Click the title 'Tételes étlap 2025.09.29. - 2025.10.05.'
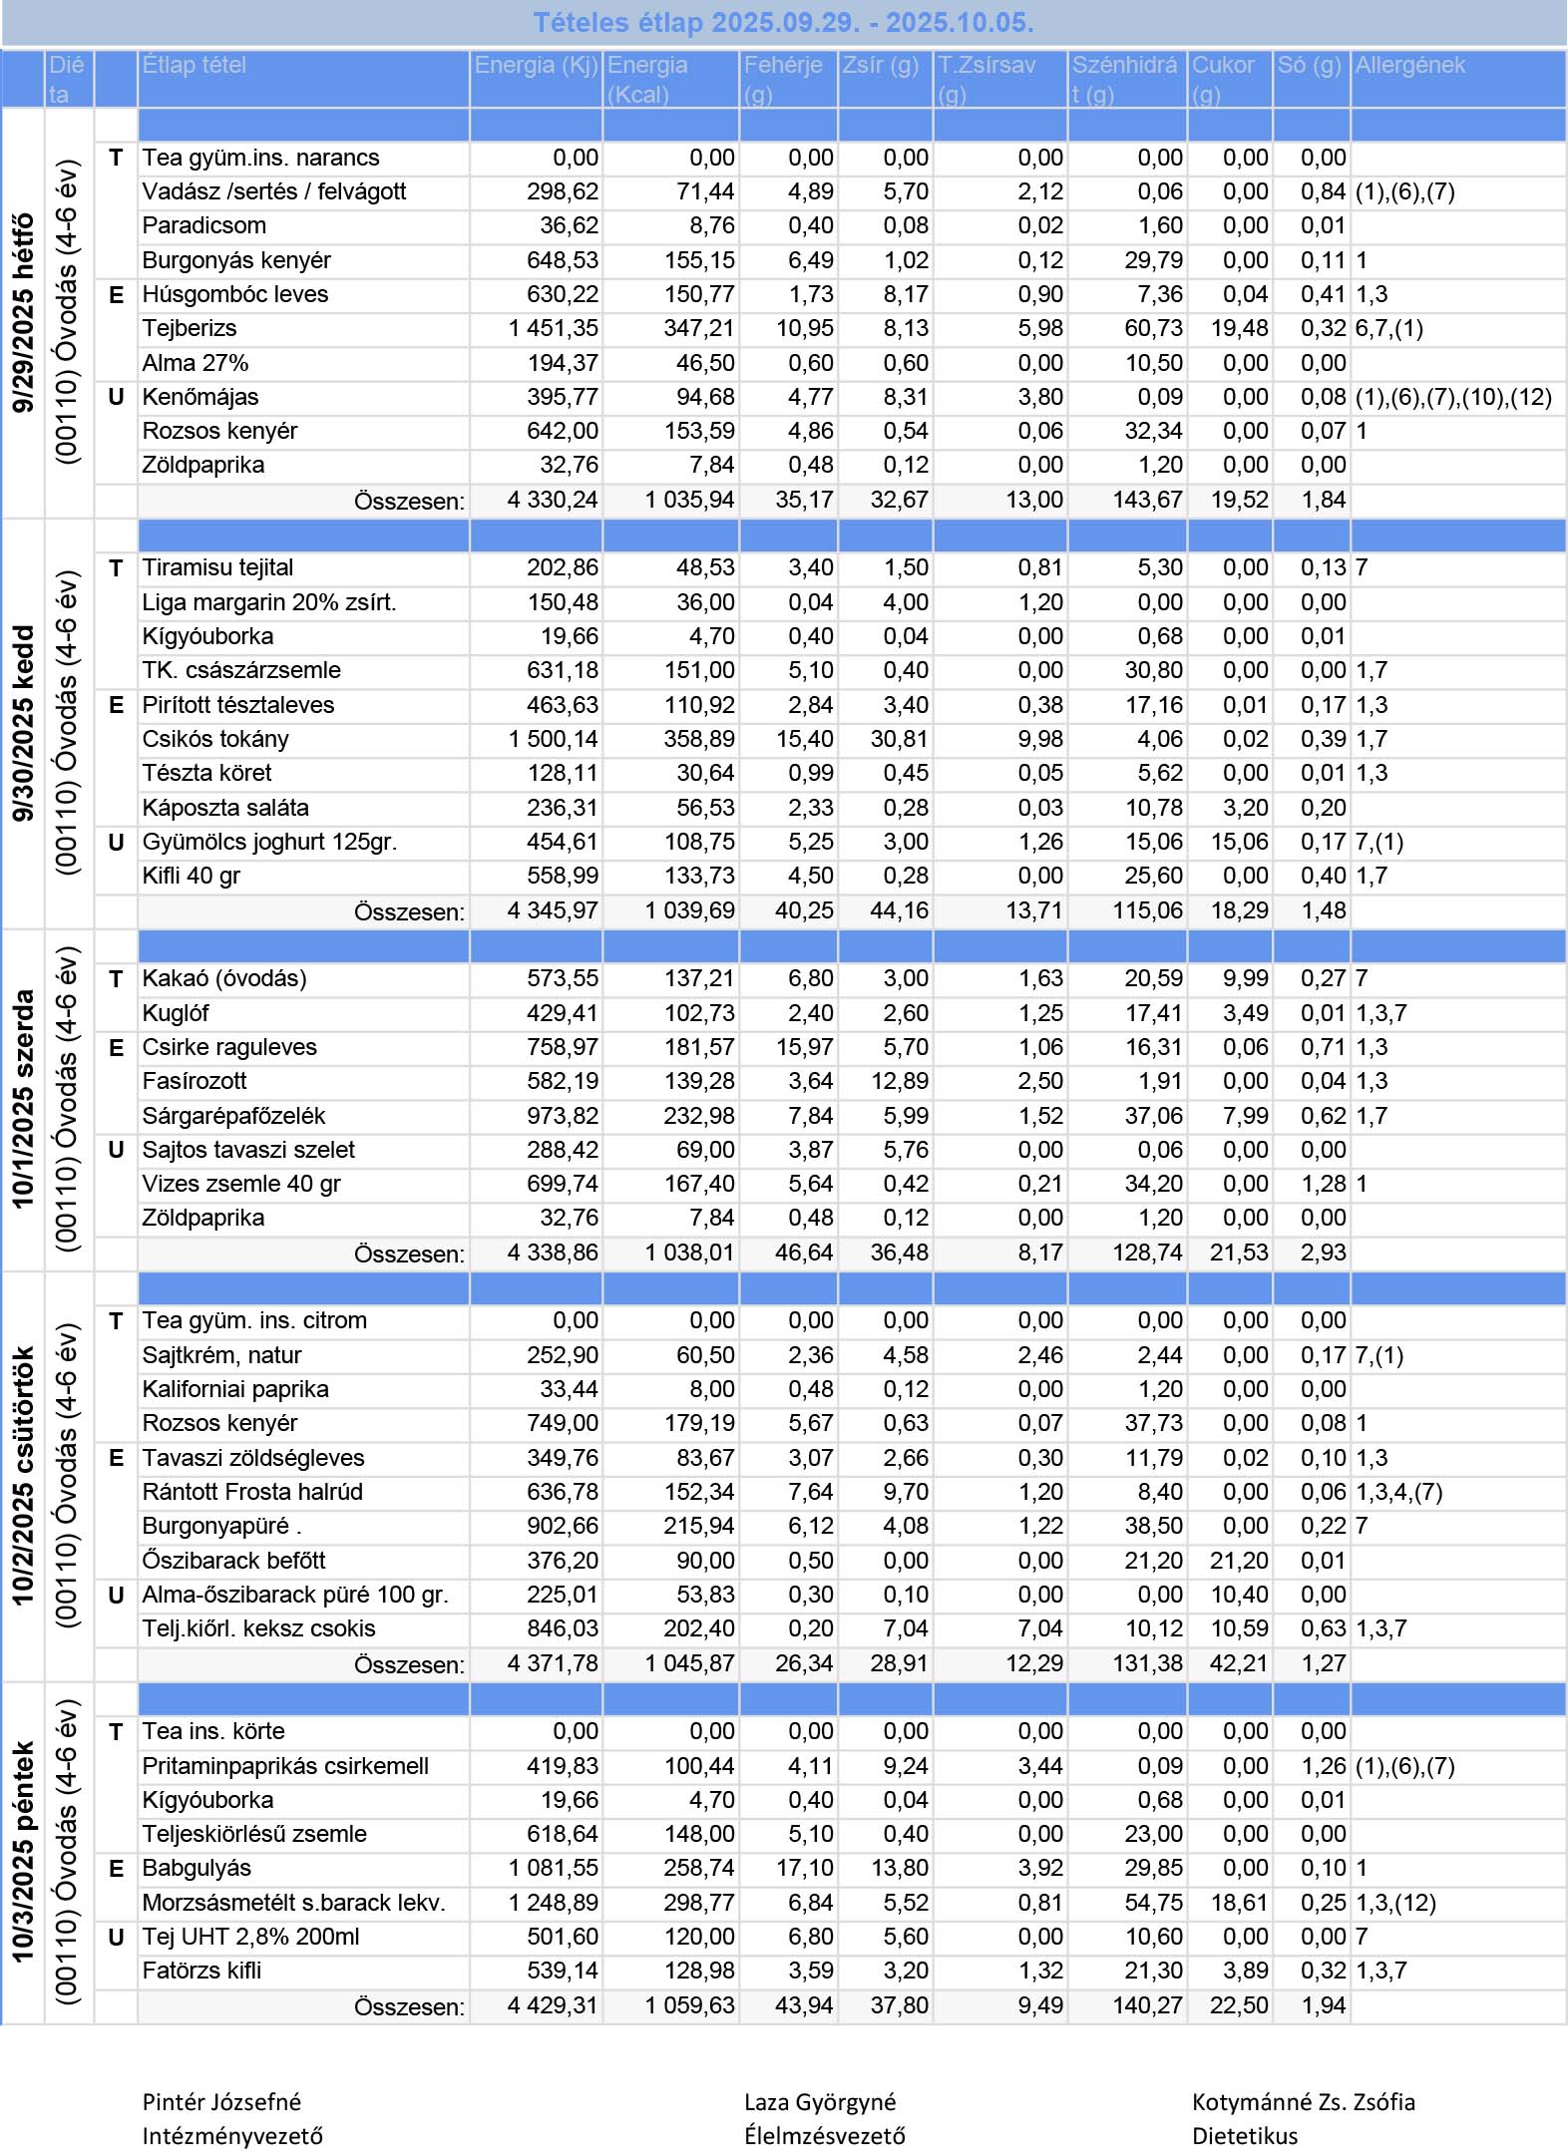(783, 22)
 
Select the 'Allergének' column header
(1409, 66)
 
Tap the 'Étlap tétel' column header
(194, 66)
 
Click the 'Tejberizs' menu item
(190, 328)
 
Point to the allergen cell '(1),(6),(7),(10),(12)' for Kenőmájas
(1452, 397)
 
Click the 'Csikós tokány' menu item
(215, 739)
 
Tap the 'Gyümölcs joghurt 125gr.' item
(269, 842)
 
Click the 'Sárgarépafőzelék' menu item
(233, 1116)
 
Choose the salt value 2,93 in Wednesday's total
(1323, 1253)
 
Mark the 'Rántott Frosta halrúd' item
(252, 1492)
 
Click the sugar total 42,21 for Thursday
(1239, 1663)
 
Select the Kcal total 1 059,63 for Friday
(689, 2005)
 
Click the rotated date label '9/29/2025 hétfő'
(23, 312)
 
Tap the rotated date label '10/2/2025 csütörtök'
(23, 1476)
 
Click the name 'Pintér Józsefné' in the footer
(221, 2102)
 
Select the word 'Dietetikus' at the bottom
(1245, 2136)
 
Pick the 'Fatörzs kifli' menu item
(201, 1971)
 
